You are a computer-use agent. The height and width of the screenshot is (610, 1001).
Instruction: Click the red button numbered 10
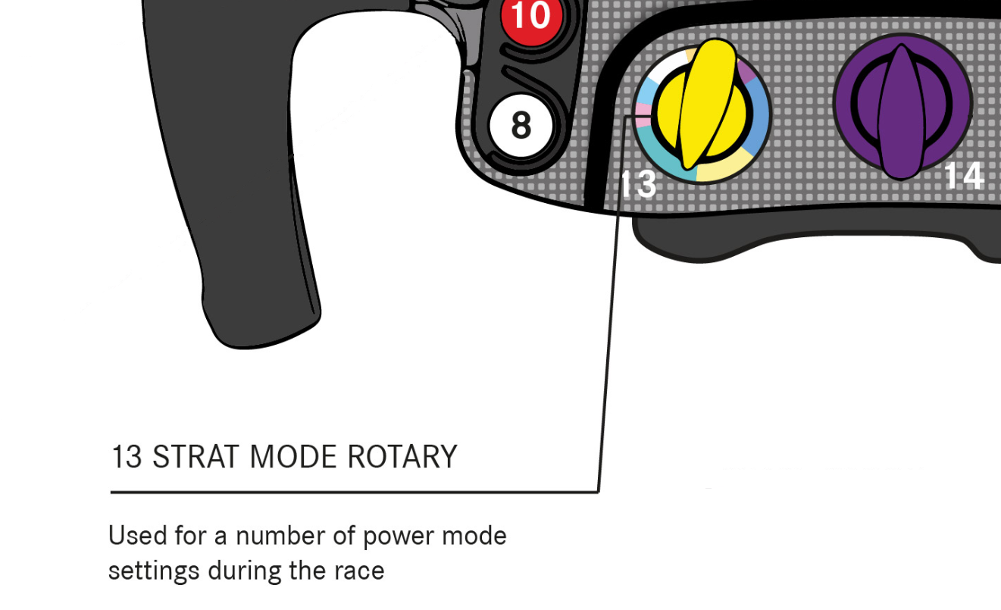530,17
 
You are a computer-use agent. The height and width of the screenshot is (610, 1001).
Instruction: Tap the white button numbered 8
521,125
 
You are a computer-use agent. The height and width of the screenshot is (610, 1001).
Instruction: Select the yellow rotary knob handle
702,106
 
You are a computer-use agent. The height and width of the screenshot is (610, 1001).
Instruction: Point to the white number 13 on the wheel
638,184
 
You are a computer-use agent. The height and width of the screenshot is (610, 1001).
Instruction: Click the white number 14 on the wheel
963,175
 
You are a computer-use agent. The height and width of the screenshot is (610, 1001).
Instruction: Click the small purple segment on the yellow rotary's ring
746,72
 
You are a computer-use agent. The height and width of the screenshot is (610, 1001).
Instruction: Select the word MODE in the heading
294,458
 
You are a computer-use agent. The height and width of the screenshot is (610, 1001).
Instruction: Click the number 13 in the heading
127,458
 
